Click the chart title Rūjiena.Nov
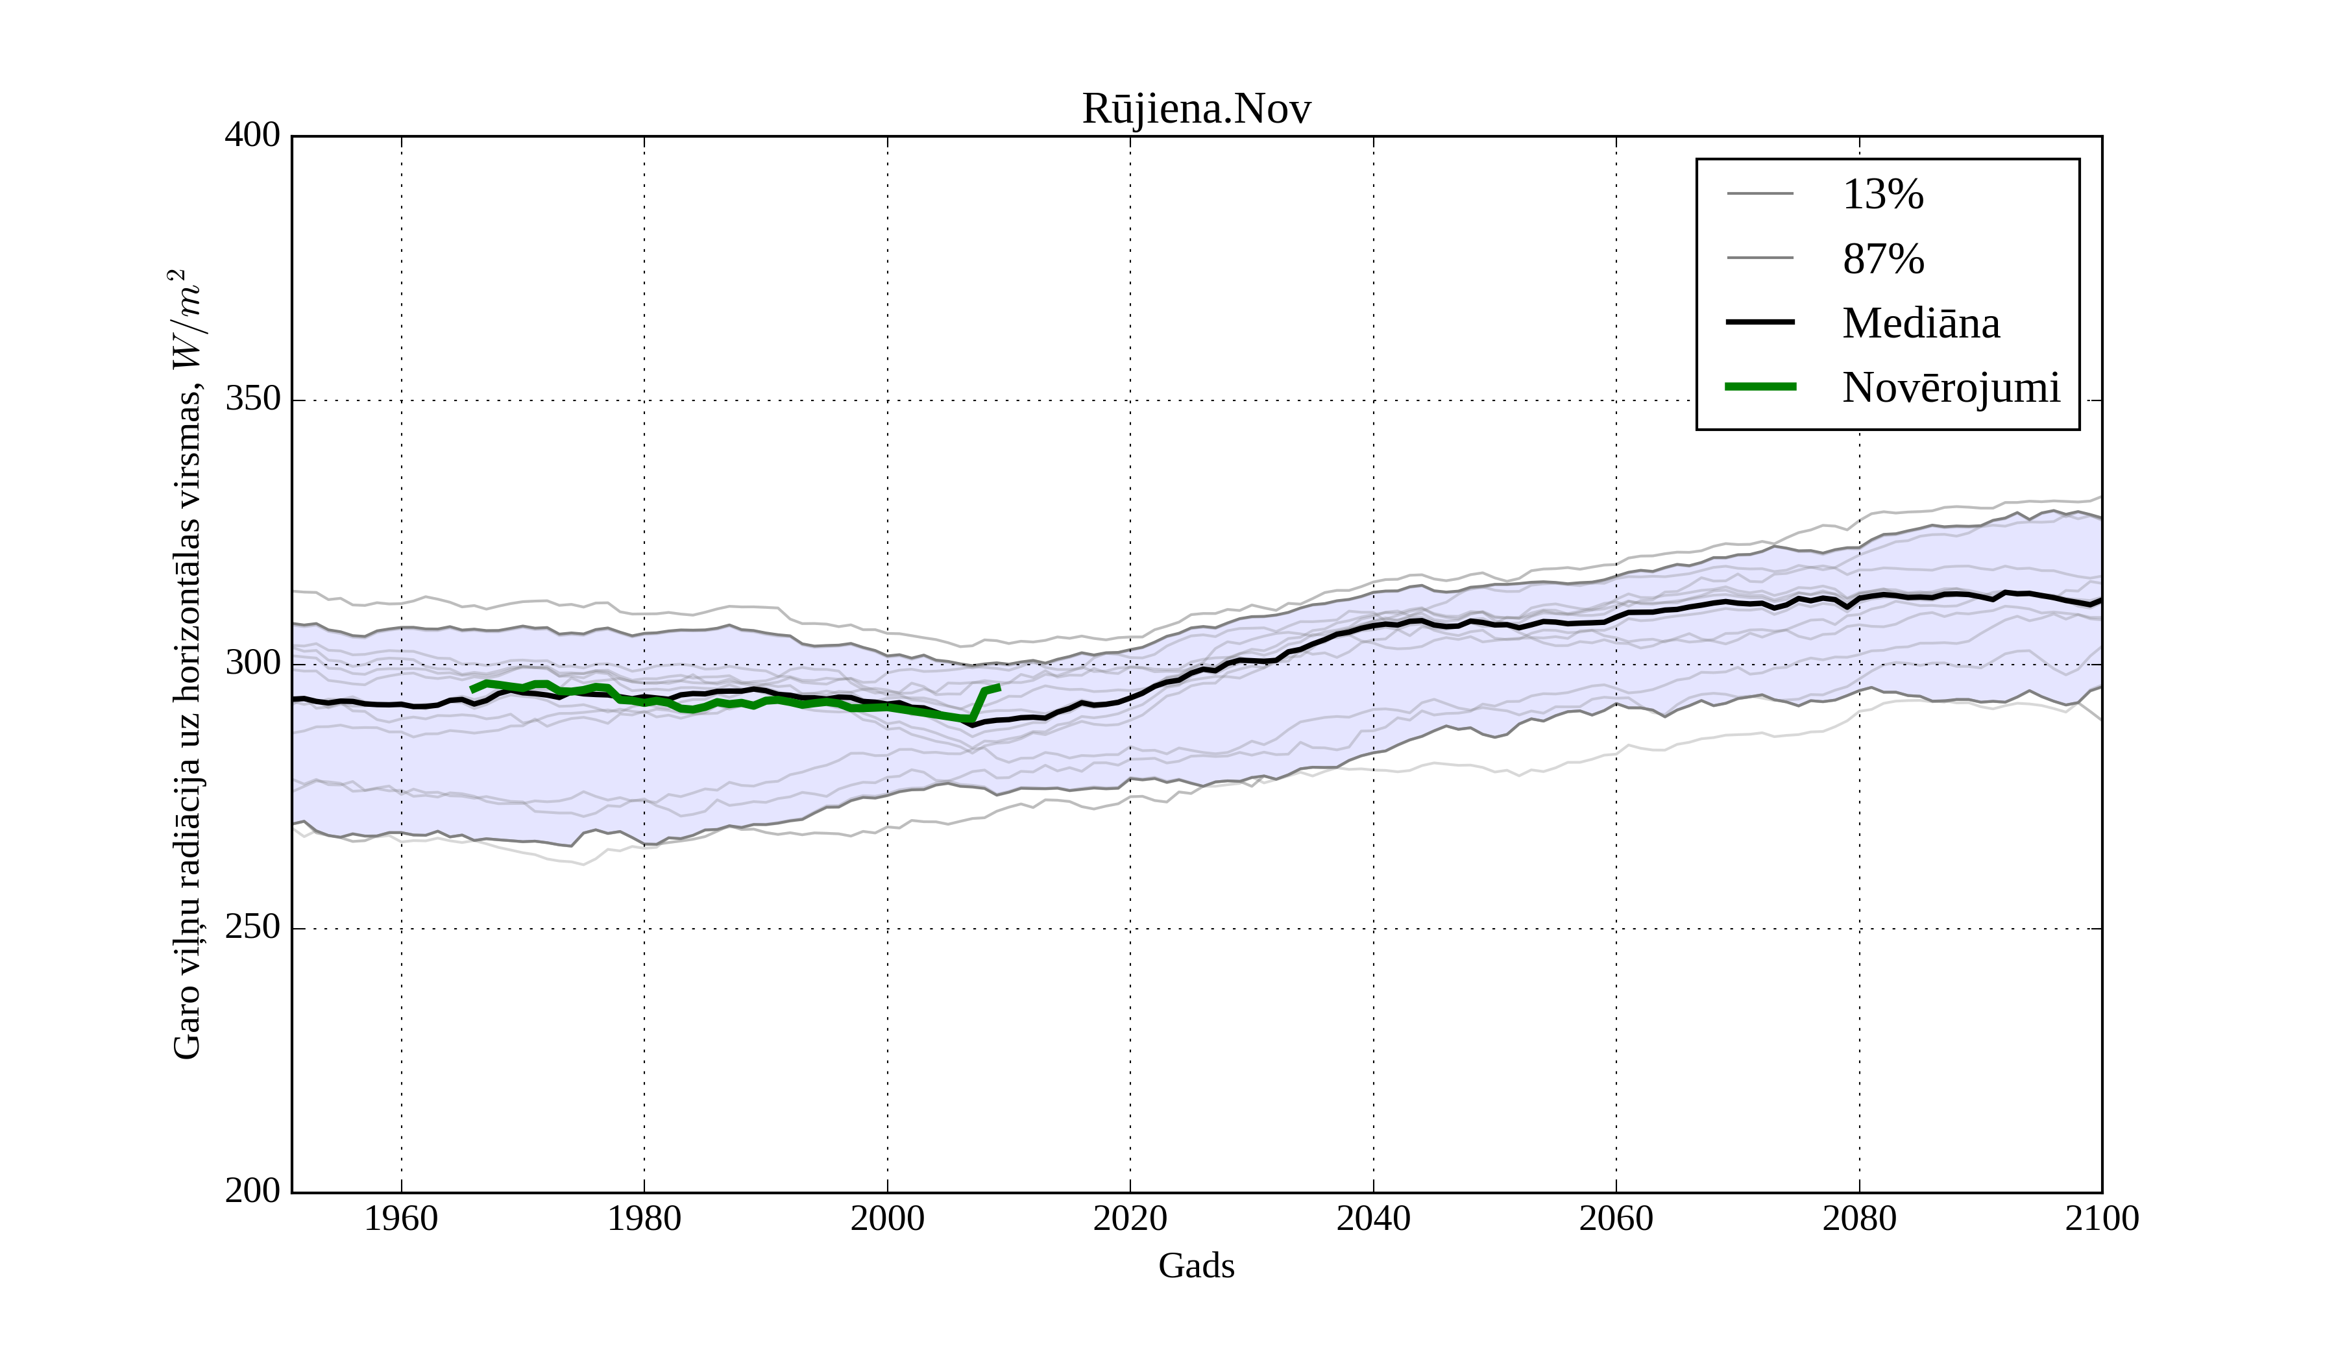tap(1196, 110)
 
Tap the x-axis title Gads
tap(1196, 1266)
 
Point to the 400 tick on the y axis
tap(252, 136)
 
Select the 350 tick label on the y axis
tap(252, 400)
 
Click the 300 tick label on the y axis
tap(252, 664)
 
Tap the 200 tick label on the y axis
tap(252, 1192)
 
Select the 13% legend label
tap(1882, 195)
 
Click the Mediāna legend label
tap(1921, 324)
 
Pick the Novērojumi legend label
tap(1951, 387)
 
